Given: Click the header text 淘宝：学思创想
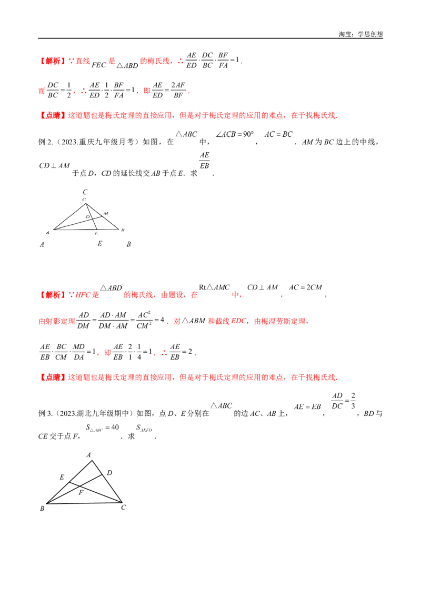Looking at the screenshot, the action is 360,34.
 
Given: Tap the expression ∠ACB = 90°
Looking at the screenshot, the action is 234,134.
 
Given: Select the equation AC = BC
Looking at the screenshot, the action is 278,134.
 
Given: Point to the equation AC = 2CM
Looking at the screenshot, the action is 306,287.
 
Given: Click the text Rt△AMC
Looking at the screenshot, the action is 214,287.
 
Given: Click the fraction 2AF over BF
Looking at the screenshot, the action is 178,91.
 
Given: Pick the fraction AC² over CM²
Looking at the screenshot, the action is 144,321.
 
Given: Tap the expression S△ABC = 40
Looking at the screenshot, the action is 102,428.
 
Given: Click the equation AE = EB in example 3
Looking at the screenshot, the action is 307,406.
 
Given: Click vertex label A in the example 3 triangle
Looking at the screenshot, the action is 88,455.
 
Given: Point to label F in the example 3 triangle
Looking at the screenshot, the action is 81,493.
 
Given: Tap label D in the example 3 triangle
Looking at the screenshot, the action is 109,473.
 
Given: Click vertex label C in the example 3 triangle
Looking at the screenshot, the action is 124,508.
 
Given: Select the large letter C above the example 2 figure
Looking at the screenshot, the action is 85,192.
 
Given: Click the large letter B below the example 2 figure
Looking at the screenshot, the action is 129,244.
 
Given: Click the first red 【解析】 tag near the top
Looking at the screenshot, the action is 53,61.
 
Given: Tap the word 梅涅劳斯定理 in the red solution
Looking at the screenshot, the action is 279,322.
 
